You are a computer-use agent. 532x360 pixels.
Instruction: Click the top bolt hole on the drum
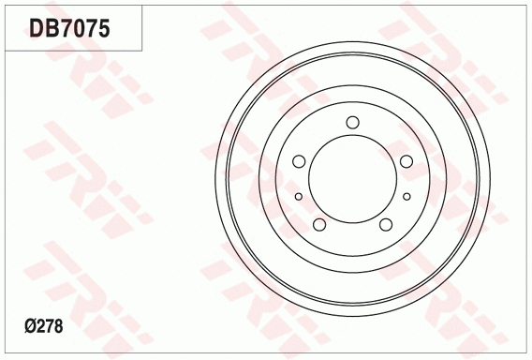point(353,122)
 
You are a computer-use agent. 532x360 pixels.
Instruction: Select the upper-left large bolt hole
point(299,161)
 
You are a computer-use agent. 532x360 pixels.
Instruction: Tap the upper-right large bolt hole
point(406,161)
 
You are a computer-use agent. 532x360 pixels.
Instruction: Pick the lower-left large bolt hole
point(319,224)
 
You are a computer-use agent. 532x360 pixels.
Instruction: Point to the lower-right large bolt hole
point(386,224)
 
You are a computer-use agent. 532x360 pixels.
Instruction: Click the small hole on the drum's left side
point(299,196)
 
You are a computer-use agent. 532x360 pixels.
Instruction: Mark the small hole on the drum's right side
point(407,196)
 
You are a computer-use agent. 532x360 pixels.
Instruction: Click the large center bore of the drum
point(353,178)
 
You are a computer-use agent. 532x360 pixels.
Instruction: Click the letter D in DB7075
point(37,29)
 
